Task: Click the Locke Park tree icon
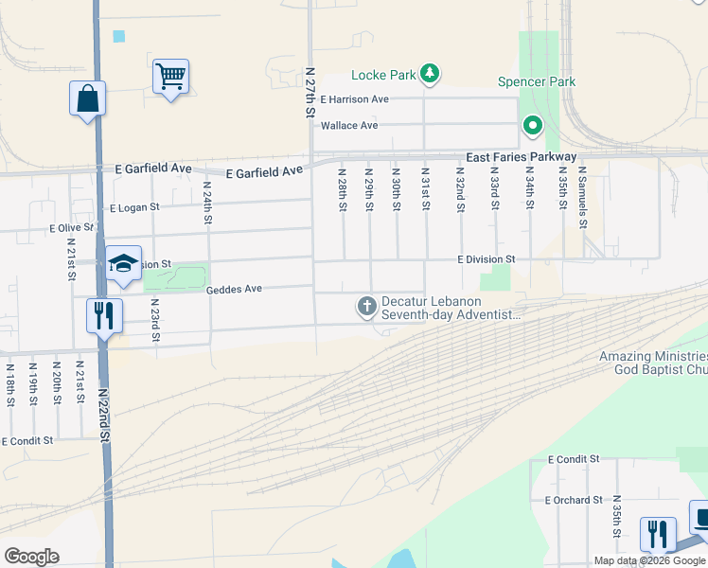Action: (x=430, y=74)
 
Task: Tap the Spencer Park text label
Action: (x=537, y=82)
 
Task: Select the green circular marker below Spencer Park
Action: (x=533, y=125)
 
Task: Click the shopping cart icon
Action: (x=170, y=76)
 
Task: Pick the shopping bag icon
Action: (x=87, y=98)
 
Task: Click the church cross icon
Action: (x=366, y=306)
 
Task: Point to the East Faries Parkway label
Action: (x=521, y=156)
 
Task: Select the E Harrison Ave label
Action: (x=354, y=99)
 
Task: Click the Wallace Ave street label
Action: (x=349, y=126)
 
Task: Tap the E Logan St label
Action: (x=135, y=207)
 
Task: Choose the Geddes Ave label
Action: (x=234, y=290)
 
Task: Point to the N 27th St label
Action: (x=310, y=92)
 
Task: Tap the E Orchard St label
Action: (x=574, y=500)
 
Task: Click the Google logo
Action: (x=31, y=557)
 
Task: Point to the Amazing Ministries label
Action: (x=653, y=357)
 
